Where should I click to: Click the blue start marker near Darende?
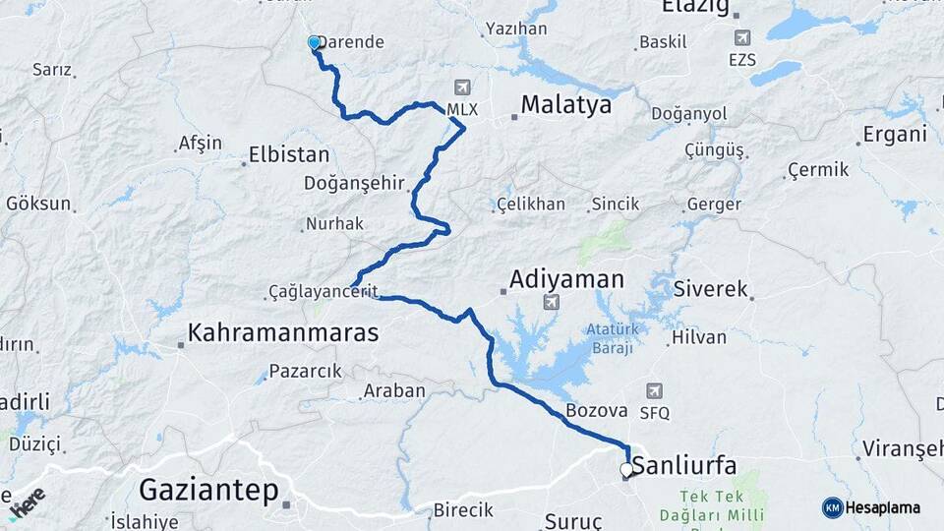pos(315,43)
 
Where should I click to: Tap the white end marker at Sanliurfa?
pos(626,470)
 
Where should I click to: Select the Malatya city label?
pos(565,105)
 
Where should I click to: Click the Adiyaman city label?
pos(566,280)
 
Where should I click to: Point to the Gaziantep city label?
pos(208,489)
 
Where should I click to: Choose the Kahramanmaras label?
pos(282,333)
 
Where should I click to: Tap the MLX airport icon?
pos(461,88)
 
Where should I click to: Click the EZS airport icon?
pos(741,38)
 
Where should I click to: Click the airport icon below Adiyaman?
pos(551,303)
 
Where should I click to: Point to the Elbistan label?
pos(289,154)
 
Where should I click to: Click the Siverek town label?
pos(711,290)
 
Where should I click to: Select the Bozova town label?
pos(596,411)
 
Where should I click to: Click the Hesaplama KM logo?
pos(871,507)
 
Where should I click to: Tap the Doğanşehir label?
pos(354,184)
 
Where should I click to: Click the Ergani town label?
pos(895,136)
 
